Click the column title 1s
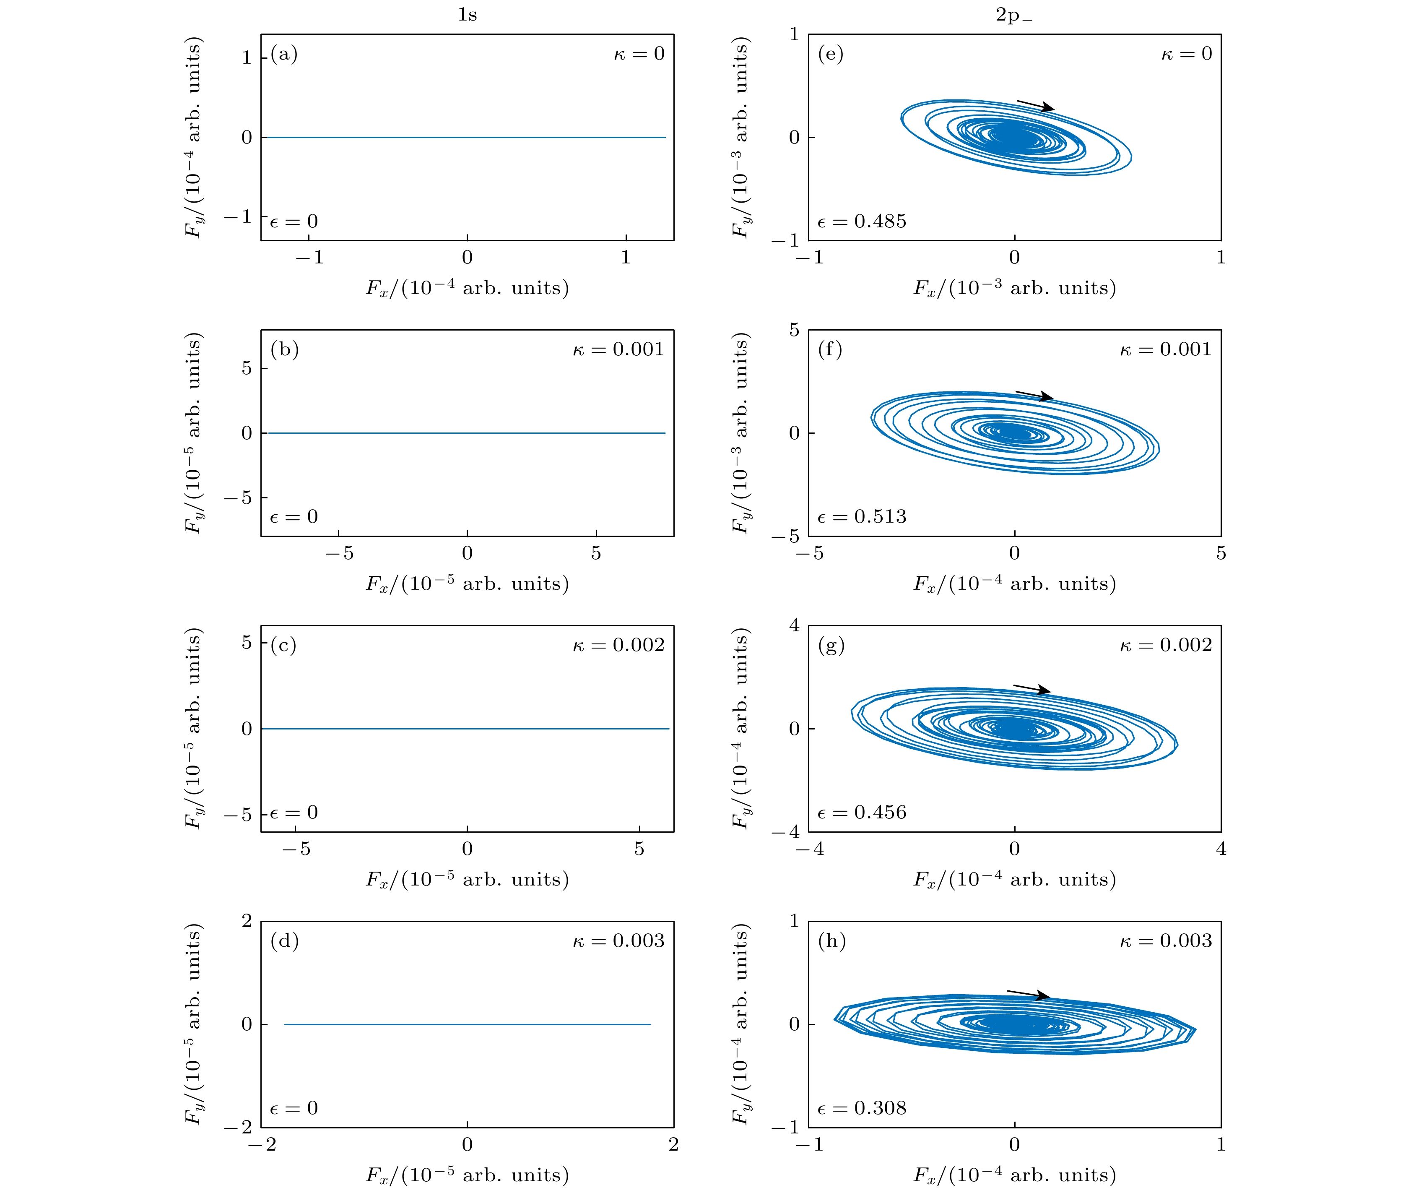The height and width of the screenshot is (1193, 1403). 467,15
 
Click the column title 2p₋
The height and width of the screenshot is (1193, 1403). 1013,15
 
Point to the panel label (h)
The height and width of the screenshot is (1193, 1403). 831,941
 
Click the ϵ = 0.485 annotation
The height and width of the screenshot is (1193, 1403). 861,221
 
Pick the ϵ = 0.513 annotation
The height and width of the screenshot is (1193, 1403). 861,517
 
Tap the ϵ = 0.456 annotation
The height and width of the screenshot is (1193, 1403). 861,812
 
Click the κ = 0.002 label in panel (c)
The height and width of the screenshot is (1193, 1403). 618,645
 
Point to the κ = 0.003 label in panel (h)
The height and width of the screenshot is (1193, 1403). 1166,941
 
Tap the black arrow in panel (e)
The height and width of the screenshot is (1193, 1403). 1035,106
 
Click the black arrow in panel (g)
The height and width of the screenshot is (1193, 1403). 1032,689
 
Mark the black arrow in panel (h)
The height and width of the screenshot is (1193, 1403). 1028,994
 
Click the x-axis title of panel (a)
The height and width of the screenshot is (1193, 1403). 467,288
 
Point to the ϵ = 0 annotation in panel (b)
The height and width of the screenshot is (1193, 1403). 294,517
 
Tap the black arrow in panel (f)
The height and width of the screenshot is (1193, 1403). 1034,396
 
